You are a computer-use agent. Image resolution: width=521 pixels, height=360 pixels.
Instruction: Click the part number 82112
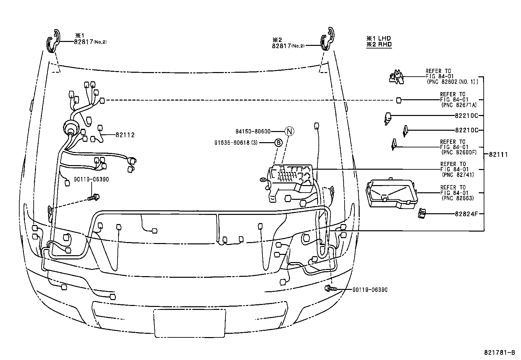click(x=125, y=135)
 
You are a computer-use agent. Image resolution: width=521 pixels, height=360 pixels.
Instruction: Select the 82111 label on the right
click(x=498, y=155)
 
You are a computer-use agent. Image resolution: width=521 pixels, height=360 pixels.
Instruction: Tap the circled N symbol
click(x=289, y=131)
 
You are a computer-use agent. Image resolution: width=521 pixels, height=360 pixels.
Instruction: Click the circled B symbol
click(x=278, y=142)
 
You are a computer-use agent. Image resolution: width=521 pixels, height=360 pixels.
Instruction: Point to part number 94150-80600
click(x=253, y=132)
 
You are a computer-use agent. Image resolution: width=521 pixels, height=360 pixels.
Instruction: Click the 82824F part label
click(x=467, y=214)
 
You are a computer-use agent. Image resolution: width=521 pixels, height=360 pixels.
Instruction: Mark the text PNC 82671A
click(x=458, y=105)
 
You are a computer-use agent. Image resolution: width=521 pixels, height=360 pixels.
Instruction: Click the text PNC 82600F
click(x=458, y=152)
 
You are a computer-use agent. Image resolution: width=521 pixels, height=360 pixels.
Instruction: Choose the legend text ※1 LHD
click(x=379, y=38)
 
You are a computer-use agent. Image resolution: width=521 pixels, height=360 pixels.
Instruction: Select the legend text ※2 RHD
click(x=379, y=45)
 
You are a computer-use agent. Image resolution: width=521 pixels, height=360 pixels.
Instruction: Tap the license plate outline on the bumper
click(x=189, y=323)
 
